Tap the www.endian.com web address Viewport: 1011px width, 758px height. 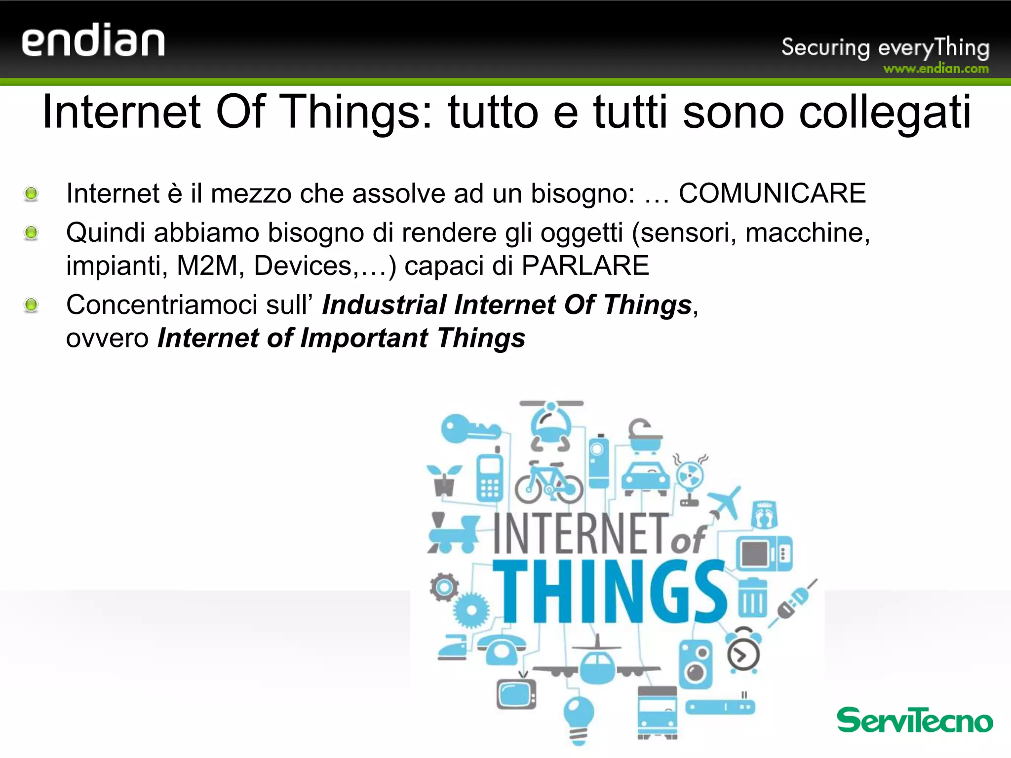click(936, 69)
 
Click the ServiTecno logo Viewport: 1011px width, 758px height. click(914, 720)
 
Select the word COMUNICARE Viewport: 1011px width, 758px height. click(772, 193)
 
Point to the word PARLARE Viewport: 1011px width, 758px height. click(585, 265)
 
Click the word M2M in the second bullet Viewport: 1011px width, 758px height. click(207, 265)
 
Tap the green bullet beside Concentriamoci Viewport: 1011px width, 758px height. click(31, 305)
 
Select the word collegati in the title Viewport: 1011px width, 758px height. click(885, 112)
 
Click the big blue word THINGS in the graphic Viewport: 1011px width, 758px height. click(610, 592)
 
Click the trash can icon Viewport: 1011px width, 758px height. click(752, 598)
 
